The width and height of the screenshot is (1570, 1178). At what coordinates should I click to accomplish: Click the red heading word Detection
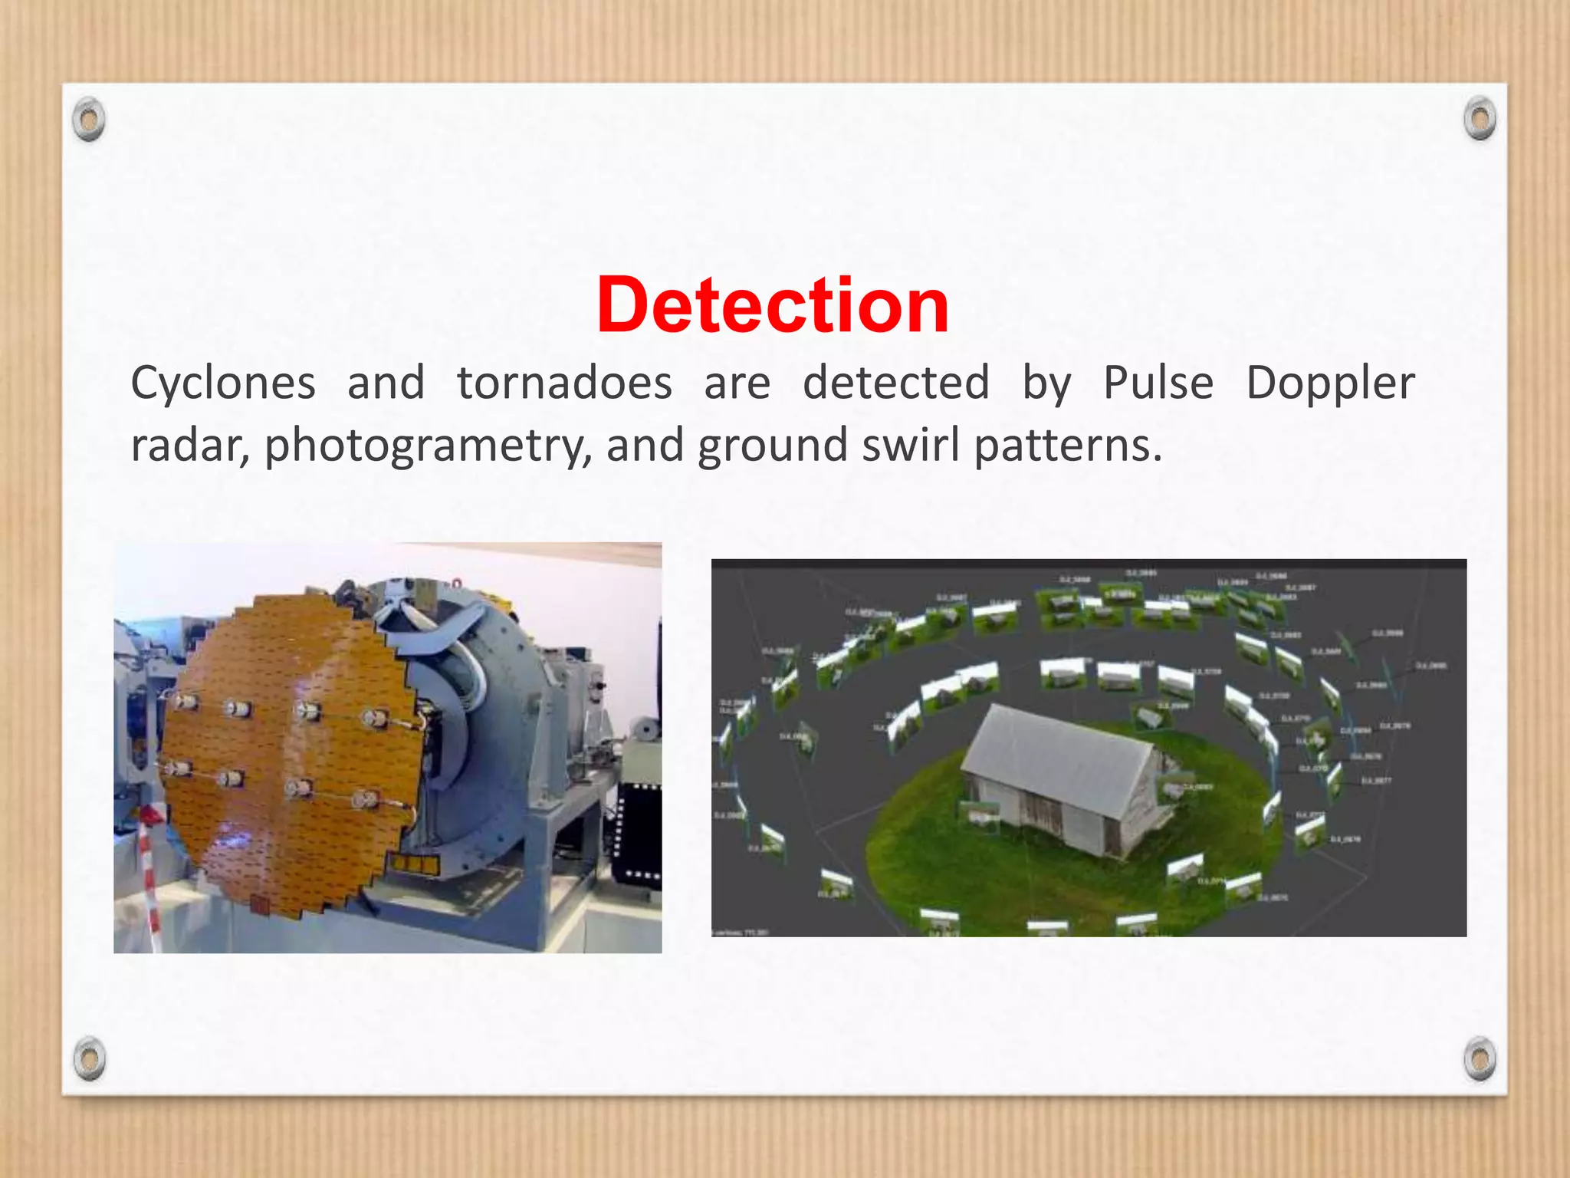tap(773, 306)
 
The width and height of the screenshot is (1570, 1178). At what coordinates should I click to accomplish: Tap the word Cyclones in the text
tap(223, 383)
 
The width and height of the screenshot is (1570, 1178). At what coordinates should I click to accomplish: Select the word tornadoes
tap(564, 383)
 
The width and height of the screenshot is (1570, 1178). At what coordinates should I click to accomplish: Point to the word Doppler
tap(1330, 384)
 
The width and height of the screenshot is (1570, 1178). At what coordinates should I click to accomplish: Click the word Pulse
tap(1158, 383)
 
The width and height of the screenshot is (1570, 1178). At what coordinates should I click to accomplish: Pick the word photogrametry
tap(425, 446)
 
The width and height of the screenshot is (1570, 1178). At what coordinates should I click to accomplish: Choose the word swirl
tap(911, 445)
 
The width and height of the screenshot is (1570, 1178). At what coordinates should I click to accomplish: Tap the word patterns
tap(1068, 446)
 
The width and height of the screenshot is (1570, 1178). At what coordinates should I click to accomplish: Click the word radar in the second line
tap(189, 446)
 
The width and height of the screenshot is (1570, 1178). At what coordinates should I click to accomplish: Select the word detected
tap(896, 383)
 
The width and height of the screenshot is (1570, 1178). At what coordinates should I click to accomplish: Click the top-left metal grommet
tap(89, 120)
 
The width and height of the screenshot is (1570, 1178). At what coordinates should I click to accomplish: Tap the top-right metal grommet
tap(1480, 119)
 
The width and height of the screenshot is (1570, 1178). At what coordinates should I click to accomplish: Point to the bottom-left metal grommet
tap(89, 1058)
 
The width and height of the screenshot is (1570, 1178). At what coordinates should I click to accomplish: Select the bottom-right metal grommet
tap(1480, 1058)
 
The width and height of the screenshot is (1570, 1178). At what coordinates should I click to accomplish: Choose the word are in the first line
tap(737, 384)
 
